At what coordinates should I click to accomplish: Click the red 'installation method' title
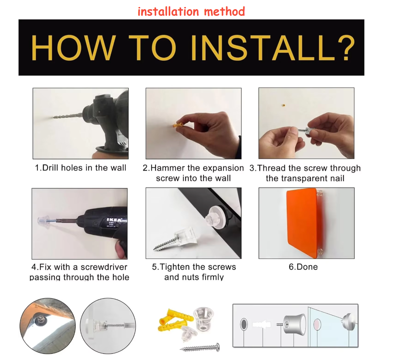[191, 11]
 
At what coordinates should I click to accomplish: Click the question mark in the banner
[346, 48]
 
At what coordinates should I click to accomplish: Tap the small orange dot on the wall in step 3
[283, 105]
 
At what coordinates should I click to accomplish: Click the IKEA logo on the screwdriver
[115, 220]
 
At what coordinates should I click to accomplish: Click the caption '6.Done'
[303, 267]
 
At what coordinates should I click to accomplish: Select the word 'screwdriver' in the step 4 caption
[104, 267]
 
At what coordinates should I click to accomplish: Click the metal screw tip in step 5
[155, 249]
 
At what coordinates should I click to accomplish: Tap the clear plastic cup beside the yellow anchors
[203, 319]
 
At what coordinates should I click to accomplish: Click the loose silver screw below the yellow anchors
[200, 348]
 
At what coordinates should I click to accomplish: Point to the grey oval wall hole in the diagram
[244, 324]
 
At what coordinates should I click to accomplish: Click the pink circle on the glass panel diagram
[317, 325]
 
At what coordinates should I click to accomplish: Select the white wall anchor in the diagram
[262, 324]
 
